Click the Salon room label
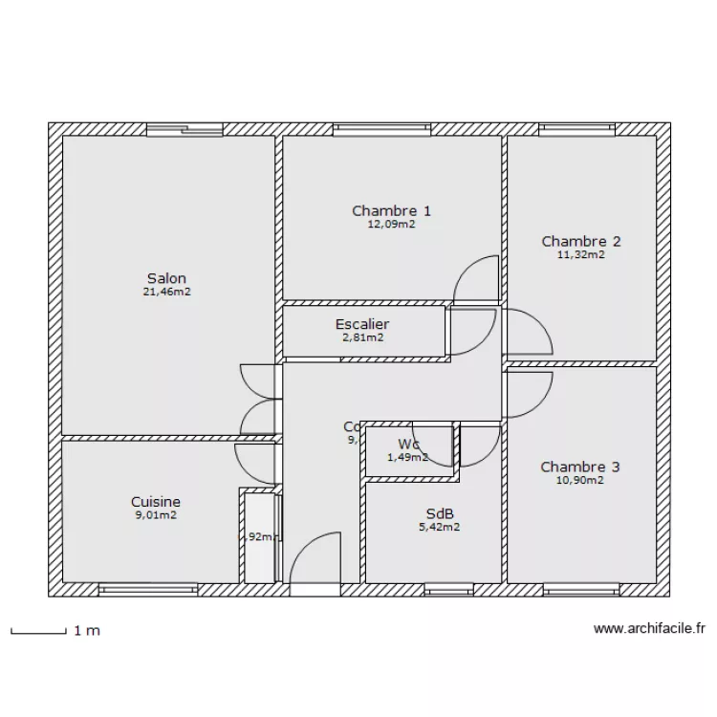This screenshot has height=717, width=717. click(166, 278)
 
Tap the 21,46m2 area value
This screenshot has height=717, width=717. click(166, 293)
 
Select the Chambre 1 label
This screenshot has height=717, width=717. click(391, 211)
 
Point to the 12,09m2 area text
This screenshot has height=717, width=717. click(391, 225)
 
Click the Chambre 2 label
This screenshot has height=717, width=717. click(581, 241)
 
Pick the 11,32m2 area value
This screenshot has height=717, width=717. click(581, 254)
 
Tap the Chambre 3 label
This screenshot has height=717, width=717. click(580, 467)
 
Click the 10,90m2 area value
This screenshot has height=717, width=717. click(580, 480)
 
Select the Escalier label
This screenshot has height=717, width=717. click(362, 324)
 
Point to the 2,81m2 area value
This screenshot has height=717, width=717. click(362, 337)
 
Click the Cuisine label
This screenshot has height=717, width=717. click(156, 501)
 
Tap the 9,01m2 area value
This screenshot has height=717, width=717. click(156, 514)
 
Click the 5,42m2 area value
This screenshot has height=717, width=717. click(439, 526)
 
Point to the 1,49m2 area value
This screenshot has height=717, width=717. click(408, 457)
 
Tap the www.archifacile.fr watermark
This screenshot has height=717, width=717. click(649, 629)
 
